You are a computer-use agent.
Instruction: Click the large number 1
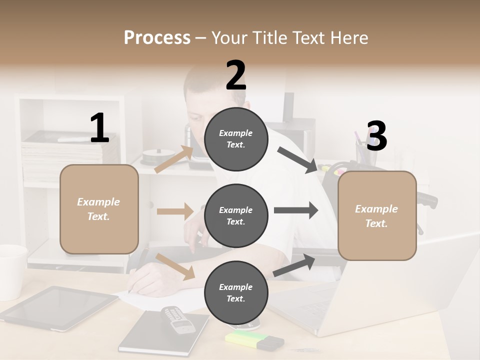pyautogui.click(x=99, y=128)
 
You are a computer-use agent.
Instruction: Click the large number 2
pyautogui.click(x=236, y=75)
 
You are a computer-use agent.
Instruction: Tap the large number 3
pyautogui.click(x=376, y=136)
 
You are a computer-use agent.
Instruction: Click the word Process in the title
pyautogui.click(x=157, y=37)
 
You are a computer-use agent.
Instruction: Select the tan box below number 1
pyautogui.click(x=99, y=209)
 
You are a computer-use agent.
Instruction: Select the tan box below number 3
pyautogui.click(x=377, y=215)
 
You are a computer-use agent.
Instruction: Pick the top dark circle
pyautogui.click(x=236, y=139)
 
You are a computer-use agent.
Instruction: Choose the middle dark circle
pyautogui.click(x=236, y=215)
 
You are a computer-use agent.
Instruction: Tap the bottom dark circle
pyautogui.click(x=236, y=292)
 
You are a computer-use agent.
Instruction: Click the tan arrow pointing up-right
pyautogui.click(x=174, y=159)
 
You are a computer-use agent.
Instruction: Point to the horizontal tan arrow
pyautogui.click(x=175, y=211)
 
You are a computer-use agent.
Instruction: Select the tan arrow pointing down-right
pyautogui.click(x=175, y=266)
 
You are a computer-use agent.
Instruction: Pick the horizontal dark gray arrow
pyautogui.click(x=295, y=210)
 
